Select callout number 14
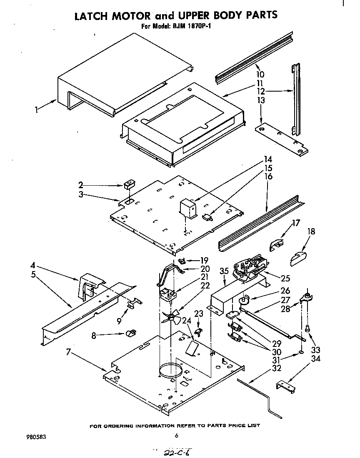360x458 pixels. [x=267, y=160]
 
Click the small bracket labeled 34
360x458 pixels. [x=287, y=386]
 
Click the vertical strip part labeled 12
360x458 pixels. [x=296, y=100]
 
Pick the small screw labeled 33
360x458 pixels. [x=307, y=328]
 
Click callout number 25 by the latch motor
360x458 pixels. [x=285, y=278]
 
